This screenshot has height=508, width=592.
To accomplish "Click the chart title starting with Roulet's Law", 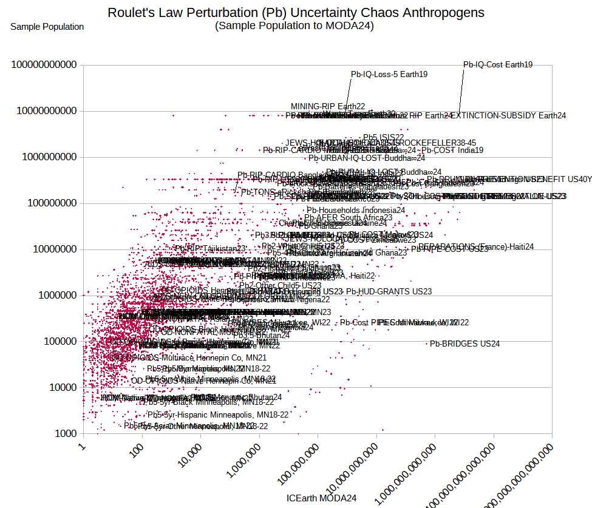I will [296, 13].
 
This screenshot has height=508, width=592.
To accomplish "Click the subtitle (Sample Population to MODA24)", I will [294, 25].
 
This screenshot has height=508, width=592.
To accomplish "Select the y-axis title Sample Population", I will [47, 27].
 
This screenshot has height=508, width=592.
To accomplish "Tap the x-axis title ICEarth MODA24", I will [321, 498].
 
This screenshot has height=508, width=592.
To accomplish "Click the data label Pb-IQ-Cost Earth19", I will [498, 65].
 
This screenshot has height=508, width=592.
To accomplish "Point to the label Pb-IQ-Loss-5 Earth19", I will [389, 75].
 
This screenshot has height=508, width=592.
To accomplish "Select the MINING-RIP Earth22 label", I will [328, 106].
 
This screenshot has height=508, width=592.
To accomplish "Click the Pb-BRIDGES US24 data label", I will [464, 344].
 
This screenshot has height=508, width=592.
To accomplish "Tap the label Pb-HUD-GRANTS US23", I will [389, 292].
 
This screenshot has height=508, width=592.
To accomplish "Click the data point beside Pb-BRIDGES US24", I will [427, 344].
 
